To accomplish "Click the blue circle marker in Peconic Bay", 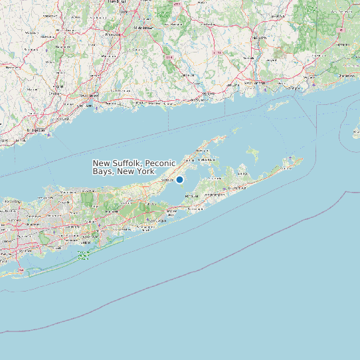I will (179, 179).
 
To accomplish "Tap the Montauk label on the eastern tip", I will (288, 167).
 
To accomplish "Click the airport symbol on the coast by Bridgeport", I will (48, 135).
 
